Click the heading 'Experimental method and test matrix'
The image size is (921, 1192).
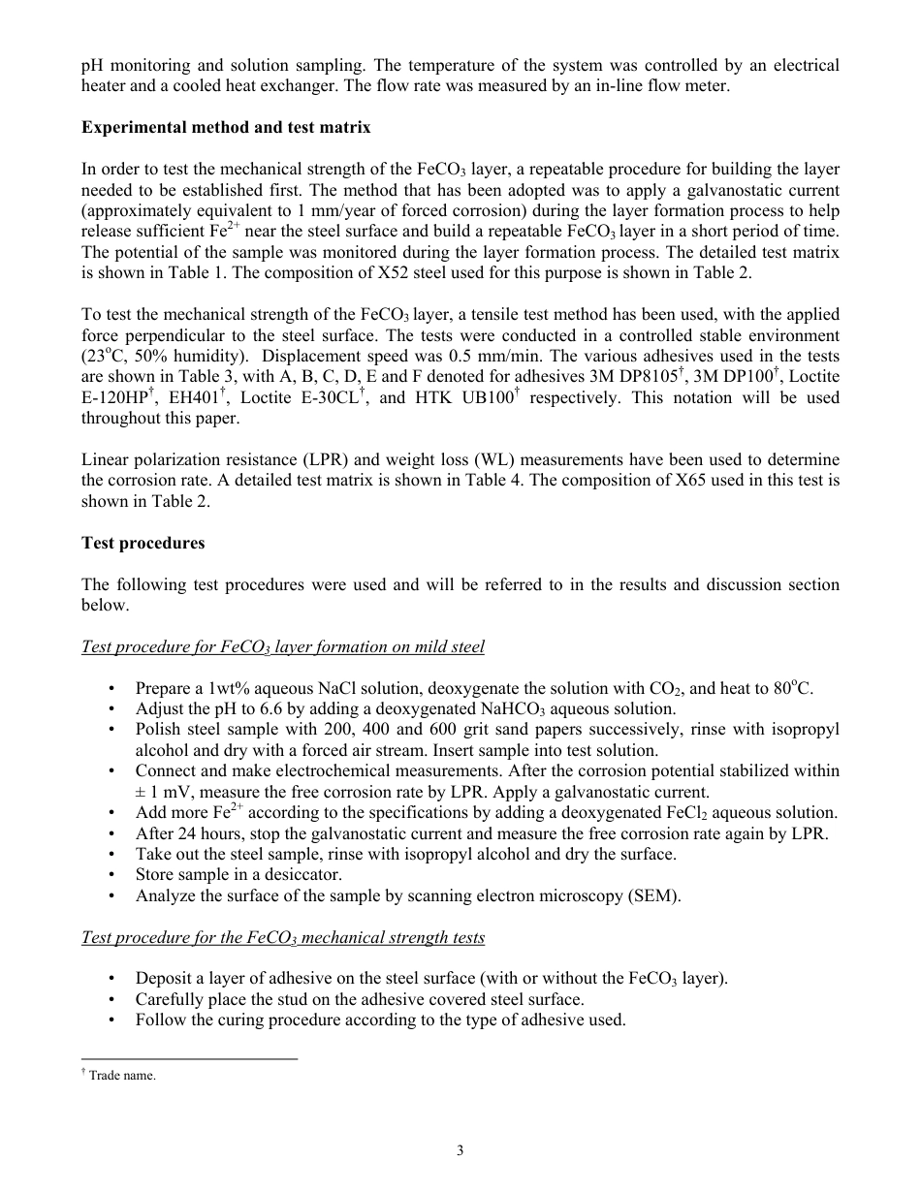225,127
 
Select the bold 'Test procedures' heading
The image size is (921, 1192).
143,543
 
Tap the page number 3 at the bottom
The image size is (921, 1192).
460,1150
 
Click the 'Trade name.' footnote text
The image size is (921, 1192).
122,1076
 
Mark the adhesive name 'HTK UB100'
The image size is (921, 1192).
460,397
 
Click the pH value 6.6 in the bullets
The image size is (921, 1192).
259,708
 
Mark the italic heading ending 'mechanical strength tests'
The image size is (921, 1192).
283,937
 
